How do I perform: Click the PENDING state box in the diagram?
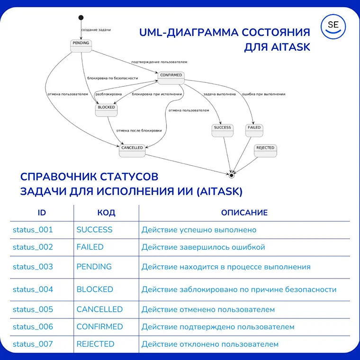81,45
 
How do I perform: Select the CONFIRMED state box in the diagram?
171,78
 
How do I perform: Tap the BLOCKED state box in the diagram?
106,110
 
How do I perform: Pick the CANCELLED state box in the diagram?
132,150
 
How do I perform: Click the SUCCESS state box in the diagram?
222,130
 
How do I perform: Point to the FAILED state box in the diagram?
254,130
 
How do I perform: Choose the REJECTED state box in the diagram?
265,151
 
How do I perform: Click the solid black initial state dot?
81,18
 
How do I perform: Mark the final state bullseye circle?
232,175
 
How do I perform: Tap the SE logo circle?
333,26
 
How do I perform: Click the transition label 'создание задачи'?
96,30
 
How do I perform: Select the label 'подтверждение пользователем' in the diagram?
159,62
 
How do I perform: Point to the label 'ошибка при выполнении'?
263,94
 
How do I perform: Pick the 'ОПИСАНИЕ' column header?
244,213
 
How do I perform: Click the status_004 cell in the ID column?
33,289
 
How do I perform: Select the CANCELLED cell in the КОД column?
99,309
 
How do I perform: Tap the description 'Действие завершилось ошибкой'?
203,247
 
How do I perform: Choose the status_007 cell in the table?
33,344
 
